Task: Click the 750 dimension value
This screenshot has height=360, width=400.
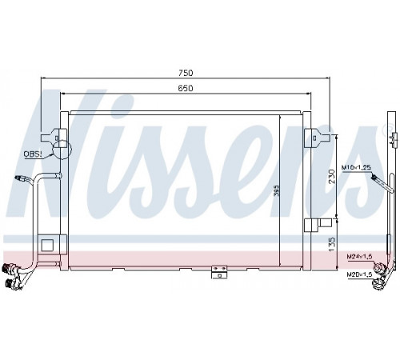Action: (186, 73)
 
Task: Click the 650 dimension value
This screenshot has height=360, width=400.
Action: (186, 88)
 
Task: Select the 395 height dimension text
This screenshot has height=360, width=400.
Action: (277, 190)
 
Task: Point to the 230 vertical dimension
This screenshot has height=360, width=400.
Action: (331, 176)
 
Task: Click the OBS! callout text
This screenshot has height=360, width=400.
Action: (33, 154)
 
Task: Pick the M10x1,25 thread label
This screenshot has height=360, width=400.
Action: (356, 167)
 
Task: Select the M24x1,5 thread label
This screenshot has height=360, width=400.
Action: (359, 257)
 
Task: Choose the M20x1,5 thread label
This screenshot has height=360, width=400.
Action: (359, 274)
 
